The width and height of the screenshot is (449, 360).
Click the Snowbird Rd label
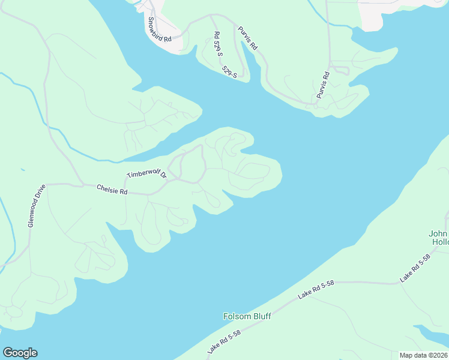tap(159, 29)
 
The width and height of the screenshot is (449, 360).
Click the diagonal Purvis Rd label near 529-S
tap(247, 37)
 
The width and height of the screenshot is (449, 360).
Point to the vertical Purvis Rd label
tap(323, 85)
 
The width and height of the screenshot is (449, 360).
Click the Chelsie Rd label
tap(112, 190)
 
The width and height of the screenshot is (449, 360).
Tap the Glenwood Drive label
tap(37, 205)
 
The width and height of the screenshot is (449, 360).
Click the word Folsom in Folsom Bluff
tap(236, 316)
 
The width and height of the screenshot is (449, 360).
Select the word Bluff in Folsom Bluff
tap(261, 316)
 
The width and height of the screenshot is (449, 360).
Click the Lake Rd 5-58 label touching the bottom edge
tap(224, 341)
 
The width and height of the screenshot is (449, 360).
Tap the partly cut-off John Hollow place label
tap(439, 238)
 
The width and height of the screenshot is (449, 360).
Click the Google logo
tap(20, 353)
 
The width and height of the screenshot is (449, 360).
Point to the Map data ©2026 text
tap(423, 355)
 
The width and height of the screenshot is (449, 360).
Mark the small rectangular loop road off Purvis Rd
tap(340, 70)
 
